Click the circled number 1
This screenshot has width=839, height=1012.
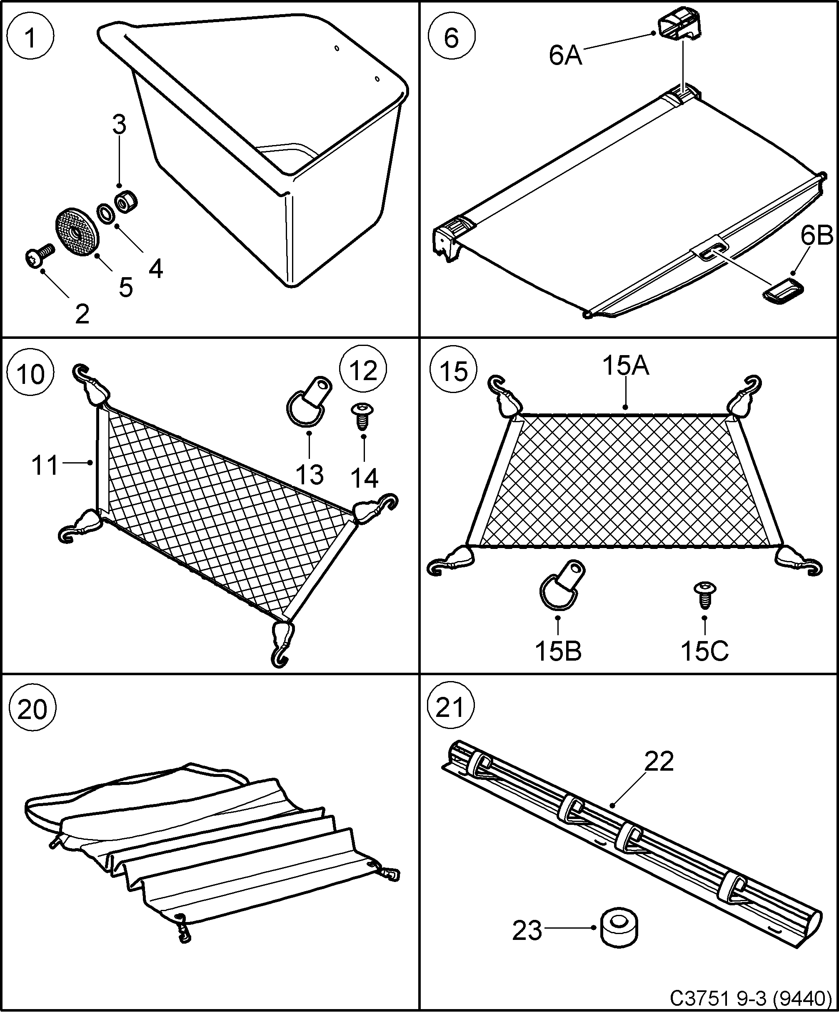click(30, 38)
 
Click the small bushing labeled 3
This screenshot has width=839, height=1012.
click(126, 201)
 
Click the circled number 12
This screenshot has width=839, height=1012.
click(363, 371)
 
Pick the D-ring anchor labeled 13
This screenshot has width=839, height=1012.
click(306, 401)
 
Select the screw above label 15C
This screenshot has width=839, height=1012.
click(704, 596)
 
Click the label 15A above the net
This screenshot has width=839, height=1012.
click(625, 366)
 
